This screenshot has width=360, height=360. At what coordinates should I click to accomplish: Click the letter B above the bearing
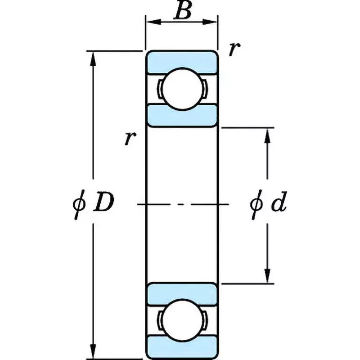(182, 11)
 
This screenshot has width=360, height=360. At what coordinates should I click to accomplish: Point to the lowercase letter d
(278, 205)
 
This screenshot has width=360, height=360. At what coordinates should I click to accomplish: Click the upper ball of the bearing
(181, 89)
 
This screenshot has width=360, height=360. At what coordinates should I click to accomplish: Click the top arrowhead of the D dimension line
(94, 56)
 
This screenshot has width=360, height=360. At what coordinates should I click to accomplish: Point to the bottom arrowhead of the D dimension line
(94, 353)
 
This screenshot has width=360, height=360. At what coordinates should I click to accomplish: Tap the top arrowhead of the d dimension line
(268, 134)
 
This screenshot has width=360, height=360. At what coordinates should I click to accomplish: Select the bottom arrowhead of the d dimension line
(268, 276)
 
